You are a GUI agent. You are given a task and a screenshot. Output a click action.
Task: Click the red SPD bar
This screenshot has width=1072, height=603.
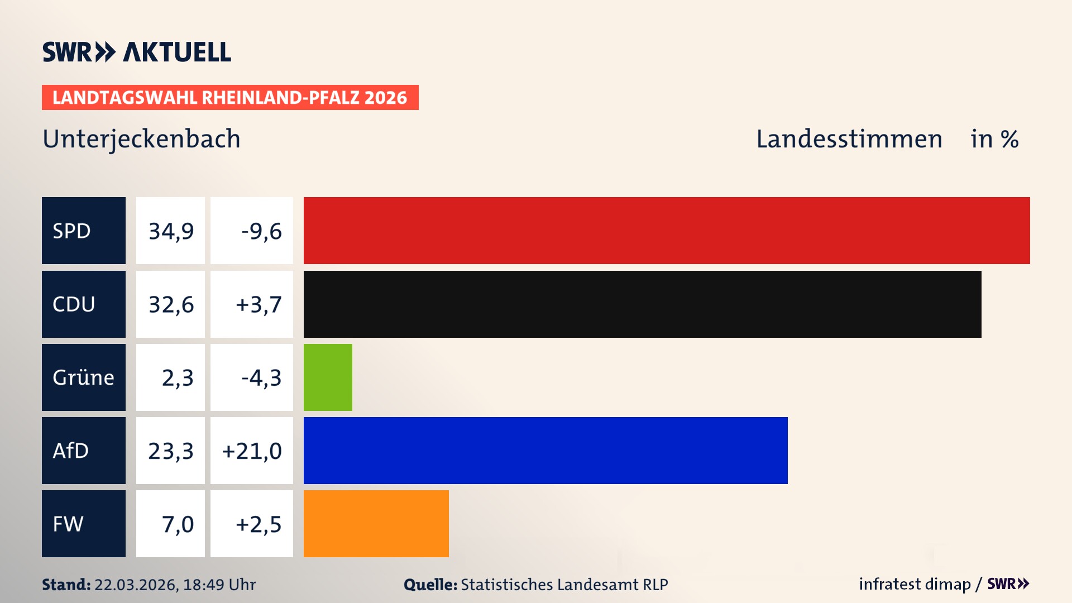click(667, 231)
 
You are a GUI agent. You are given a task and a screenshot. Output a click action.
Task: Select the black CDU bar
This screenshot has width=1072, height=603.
click(642, 304)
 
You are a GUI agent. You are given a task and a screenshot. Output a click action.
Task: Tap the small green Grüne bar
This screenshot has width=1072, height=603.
click(328, 377)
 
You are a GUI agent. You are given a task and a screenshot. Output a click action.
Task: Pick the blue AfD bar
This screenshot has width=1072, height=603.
click(545, 451)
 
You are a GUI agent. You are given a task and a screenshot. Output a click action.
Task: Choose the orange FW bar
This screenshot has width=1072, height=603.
click(376, 524)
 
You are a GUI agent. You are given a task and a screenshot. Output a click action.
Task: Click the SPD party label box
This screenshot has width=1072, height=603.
click(84, 231)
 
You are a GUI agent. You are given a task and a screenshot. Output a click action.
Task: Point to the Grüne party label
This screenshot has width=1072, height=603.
click(84, 377)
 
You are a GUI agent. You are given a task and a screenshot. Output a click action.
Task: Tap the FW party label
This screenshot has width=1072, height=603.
click(84, 524)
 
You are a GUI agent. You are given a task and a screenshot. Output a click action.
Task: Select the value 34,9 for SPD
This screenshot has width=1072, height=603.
click(171, 231)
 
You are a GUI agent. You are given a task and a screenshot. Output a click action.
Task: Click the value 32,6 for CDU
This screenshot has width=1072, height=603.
click(171, 305)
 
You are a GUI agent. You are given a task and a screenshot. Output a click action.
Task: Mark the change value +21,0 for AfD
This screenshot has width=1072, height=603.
click(252, 451)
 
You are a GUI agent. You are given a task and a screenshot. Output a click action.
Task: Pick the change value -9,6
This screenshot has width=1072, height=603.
click(261, 231)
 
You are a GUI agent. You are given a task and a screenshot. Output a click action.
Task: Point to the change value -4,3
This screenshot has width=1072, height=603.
click(261, 378)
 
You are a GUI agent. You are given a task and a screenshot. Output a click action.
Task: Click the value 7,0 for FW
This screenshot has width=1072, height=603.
click(178, 524)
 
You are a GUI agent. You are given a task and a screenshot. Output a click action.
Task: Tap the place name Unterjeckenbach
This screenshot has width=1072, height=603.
click(141, 139)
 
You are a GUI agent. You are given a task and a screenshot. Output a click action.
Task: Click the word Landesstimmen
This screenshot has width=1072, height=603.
click(849, 139)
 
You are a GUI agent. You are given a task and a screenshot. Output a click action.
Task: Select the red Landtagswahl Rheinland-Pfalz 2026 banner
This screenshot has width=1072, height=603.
click(230, 98)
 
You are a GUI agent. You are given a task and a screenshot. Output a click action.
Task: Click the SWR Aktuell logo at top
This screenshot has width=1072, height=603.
click(137, 52)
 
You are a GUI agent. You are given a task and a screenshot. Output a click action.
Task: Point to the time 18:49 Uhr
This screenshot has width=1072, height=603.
click(219, 585)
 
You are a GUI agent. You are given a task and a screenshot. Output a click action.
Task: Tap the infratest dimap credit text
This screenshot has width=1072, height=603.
click(915, 584)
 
